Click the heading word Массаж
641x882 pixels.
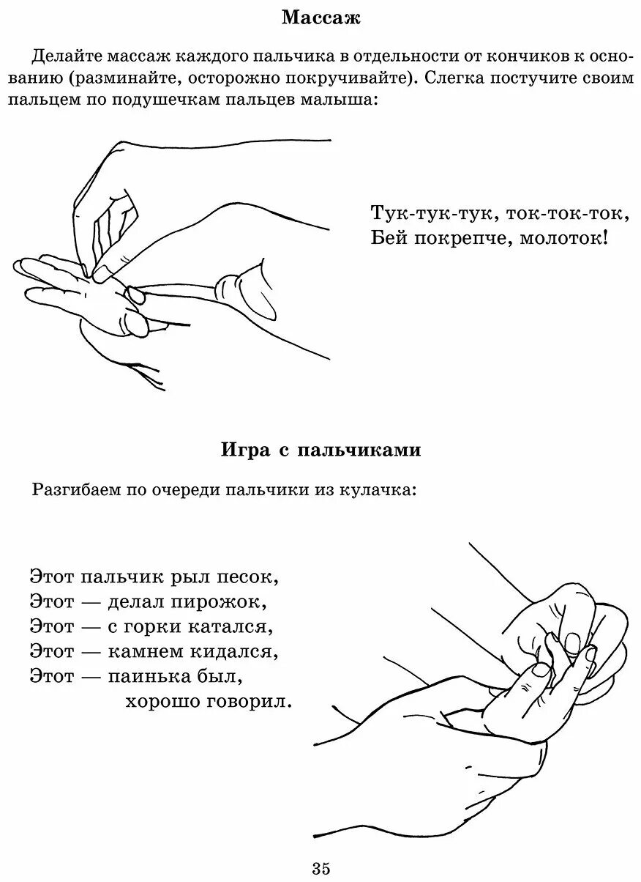click(x=320, y=18)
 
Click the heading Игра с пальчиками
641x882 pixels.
click(x=320, y=450)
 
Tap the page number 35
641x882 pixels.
click(x=320, y=869)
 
